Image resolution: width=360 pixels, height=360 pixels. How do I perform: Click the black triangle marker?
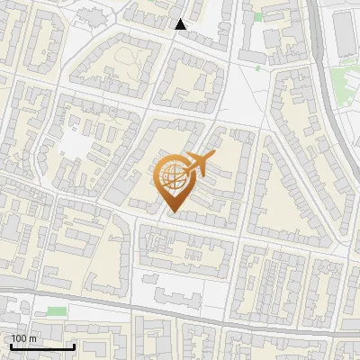[x=181, y=24]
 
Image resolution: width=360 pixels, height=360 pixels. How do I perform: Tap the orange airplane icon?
[x=199, y=164]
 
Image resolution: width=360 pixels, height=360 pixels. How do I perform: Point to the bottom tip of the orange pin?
[x=172, y=212]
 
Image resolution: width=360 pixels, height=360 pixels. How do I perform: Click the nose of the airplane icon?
[x=214, y=156]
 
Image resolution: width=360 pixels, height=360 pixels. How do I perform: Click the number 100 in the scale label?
[x=18, y=338]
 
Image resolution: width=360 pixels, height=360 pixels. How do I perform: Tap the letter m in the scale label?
[x=32, y=338]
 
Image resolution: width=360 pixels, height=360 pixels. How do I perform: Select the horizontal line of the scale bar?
[x=42, y=347]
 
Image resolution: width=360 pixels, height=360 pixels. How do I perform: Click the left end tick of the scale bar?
[x=11, y=346]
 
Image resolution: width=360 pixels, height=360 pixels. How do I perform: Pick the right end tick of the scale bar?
[x=74, y=346]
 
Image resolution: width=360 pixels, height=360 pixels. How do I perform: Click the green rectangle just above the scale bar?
[x=57, y=311]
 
